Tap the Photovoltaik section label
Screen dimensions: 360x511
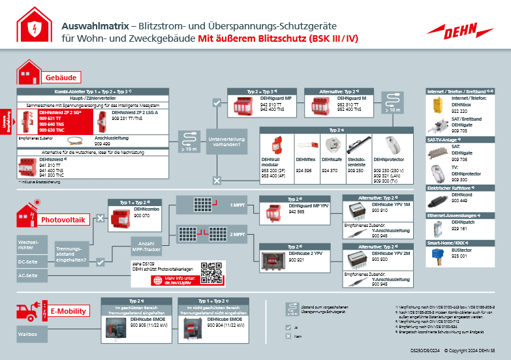(x=63, y=220)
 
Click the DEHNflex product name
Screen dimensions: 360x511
(x=305, y=158)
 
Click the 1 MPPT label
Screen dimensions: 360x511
(x=237, y=204)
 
